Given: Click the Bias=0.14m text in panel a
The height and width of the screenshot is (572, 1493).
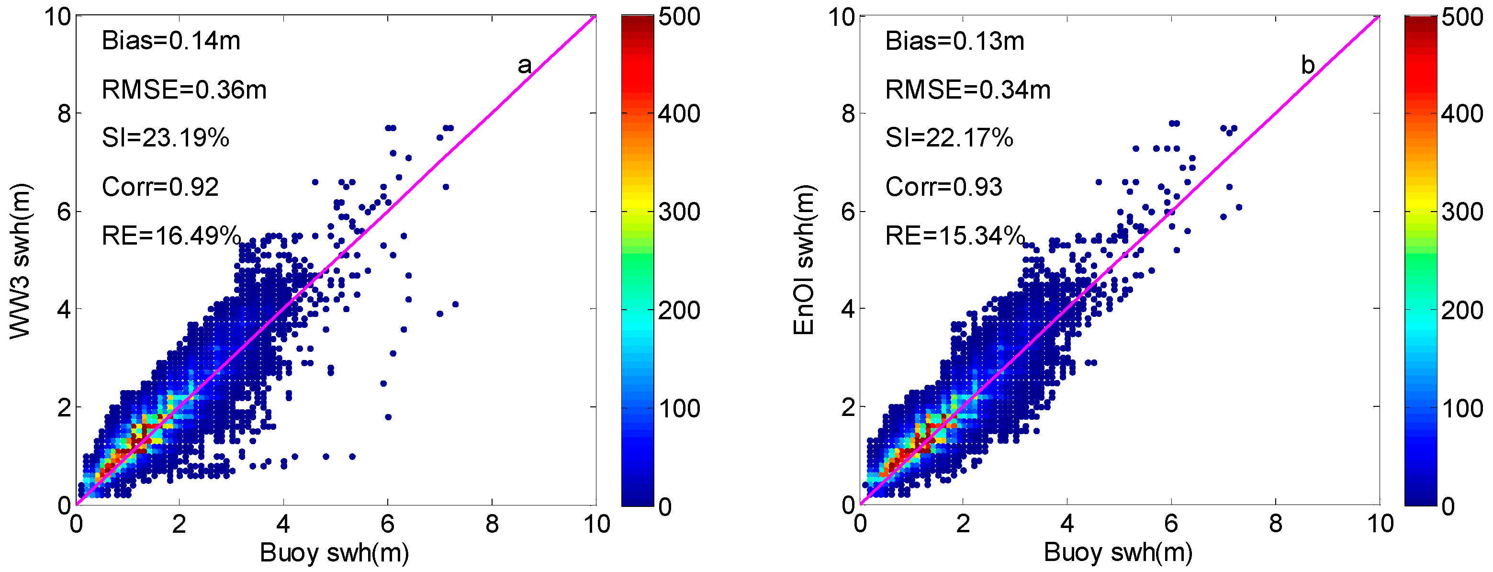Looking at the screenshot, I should tap(170, 41).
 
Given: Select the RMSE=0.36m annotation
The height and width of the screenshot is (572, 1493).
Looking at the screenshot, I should tap(184, 90).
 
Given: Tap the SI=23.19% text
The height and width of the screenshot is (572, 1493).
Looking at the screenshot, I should tap(165, 138).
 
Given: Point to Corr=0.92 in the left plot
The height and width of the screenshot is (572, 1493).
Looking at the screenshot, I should tap(160, 187).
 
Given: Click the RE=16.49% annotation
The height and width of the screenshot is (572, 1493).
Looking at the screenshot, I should tap(171, 236).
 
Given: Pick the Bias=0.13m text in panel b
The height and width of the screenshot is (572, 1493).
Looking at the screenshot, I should tap(954, 41).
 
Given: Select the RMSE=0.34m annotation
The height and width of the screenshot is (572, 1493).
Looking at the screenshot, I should tap(968, 90).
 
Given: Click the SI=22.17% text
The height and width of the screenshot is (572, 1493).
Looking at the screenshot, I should tap(949, 138).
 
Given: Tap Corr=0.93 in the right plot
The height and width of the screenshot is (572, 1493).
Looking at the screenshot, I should tap(943, 187).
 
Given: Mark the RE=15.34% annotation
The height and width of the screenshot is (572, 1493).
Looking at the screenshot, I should tap(955, 236).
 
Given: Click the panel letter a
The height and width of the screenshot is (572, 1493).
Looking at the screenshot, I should tap(524, 65).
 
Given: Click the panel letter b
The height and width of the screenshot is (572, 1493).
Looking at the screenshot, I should tap(1308, 65).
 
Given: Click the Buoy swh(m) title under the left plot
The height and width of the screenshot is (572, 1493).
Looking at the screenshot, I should tap(335, 553).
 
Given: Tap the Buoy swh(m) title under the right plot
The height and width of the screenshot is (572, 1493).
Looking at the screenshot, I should tap(1118, 553).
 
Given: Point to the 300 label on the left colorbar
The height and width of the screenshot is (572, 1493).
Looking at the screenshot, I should tap(679, 212).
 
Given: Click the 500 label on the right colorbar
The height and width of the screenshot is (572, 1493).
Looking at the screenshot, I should tap(1462, 17).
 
